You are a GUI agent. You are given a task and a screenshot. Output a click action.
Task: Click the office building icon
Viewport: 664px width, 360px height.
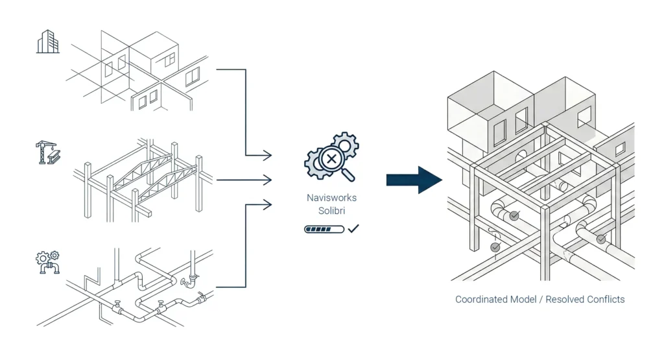coord(47,43)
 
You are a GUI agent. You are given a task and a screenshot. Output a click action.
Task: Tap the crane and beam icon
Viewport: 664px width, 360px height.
coord(47,153)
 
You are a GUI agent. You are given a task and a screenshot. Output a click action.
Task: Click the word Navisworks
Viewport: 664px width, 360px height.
coord(331,198)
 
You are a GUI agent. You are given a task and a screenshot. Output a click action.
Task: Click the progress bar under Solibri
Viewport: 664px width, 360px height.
coord(324,230)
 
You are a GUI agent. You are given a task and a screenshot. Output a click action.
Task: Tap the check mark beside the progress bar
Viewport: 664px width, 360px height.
coord(353,229)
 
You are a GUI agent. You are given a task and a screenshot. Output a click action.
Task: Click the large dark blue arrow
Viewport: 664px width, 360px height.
coord(414,180)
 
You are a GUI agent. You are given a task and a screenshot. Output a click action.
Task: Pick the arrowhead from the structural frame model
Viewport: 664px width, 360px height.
coord(267,180)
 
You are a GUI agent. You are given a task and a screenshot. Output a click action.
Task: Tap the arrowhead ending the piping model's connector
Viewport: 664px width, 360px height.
coord(267,206)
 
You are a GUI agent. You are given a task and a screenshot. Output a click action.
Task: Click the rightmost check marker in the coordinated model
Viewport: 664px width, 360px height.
coord(601,239)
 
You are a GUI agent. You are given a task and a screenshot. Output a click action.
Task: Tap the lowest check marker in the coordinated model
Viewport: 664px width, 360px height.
coord(495,248)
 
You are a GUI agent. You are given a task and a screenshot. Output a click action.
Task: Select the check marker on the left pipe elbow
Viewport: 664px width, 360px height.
coord(514,215)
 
